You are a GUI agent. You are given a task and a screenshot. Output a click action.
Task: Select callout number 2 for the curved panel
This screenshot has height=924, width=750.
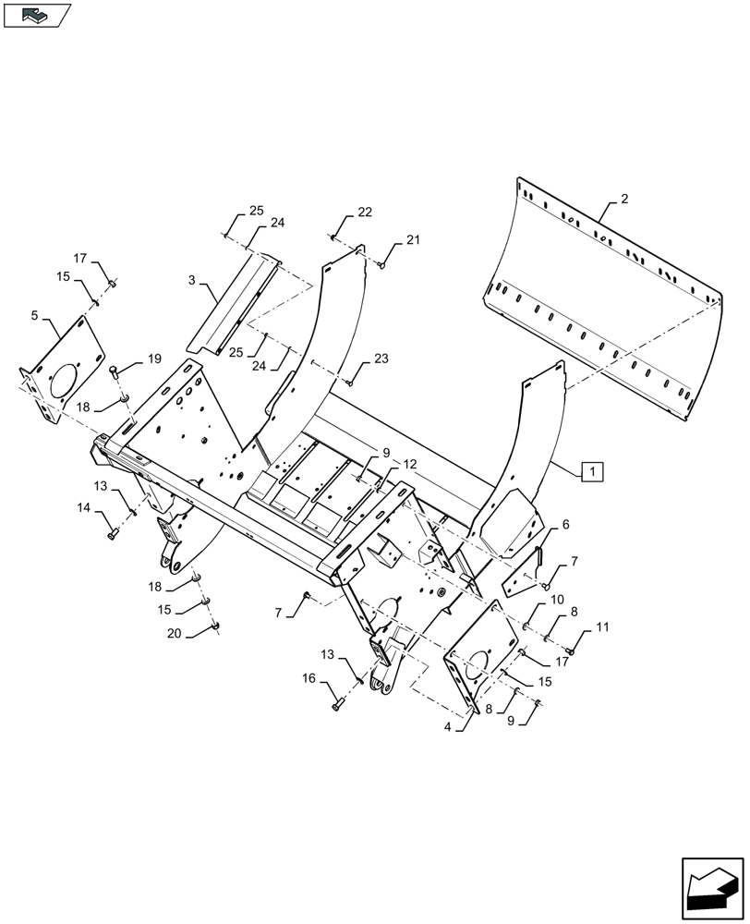coord(624,199)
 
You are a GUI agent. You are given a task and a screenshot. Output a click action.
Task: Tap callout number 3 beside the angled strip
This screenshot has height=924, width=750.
coord(189,280)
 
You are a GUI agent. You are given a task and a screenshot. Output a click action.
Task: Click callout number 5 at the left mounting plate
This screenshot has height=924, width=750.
coord(34,316)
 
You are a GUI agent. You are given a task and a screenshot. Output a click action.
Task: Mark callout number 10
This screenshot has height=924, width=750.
coord(558,601)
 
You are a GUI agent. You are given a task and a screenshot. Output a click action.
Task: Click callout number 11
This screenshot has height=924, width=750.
coord(602,628)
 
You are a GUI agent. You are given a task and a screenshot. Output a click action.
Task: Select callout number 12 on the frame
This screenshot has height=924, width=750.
coord(410,464)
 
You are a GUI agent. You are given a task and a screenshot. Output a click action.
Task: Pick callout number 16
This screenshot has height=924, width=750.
coord(310,679)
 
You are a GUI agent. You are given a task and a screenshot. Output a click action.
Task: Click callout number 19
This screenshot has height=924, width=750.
coord(152,359)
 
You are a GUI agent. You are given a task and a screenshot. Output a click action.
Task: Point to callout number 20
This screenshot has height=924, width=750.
coord(173,633)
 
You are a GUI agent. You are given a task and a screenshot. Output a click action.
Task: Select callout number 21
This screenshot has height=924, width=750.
coord(412,240)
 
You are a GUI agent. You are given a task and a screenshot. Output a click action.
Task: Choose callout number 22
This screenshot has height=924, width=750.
coord(365,213)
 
